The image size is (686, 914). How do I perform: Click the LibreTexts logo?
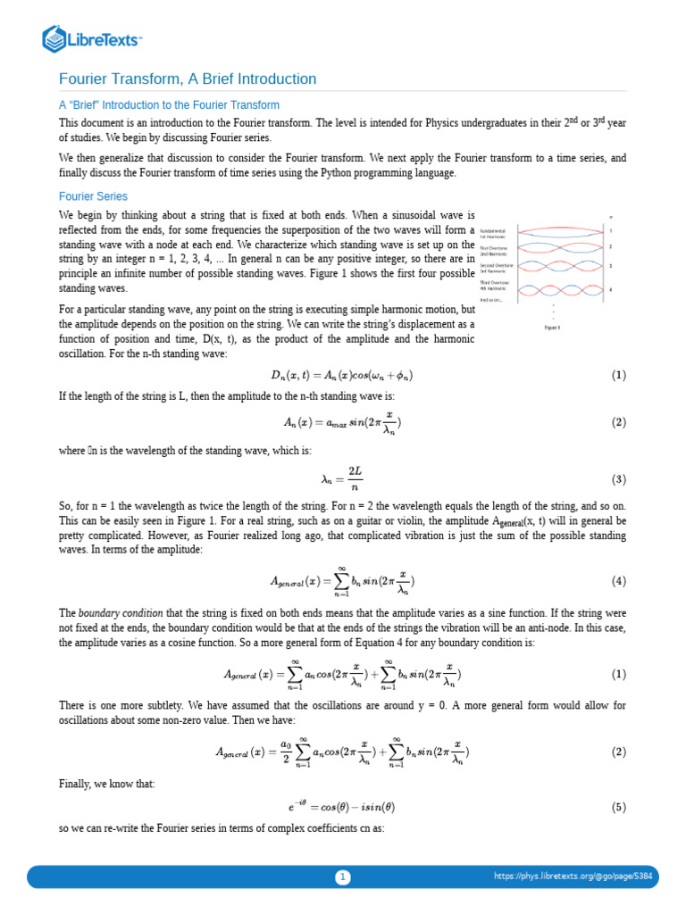92,38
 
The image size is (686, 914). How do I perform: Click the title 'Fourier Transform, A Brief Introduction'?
188,79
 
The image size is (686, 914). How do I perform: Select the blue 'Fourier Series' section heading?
93,196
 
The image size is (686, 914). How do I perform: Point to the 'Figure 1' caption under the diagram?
552,328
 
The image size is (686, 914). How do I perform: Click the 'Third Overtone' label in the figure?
494,282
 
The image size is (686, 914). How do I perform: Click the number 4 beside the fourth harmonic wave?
610,289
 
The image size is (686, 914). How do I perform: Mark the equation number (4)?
619,581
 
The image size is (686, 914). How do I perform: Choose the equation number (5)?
619,807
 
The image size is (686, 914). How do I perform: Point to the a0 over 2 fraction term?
285,752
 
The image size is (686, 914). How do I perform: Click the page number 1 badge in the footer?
342,877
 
